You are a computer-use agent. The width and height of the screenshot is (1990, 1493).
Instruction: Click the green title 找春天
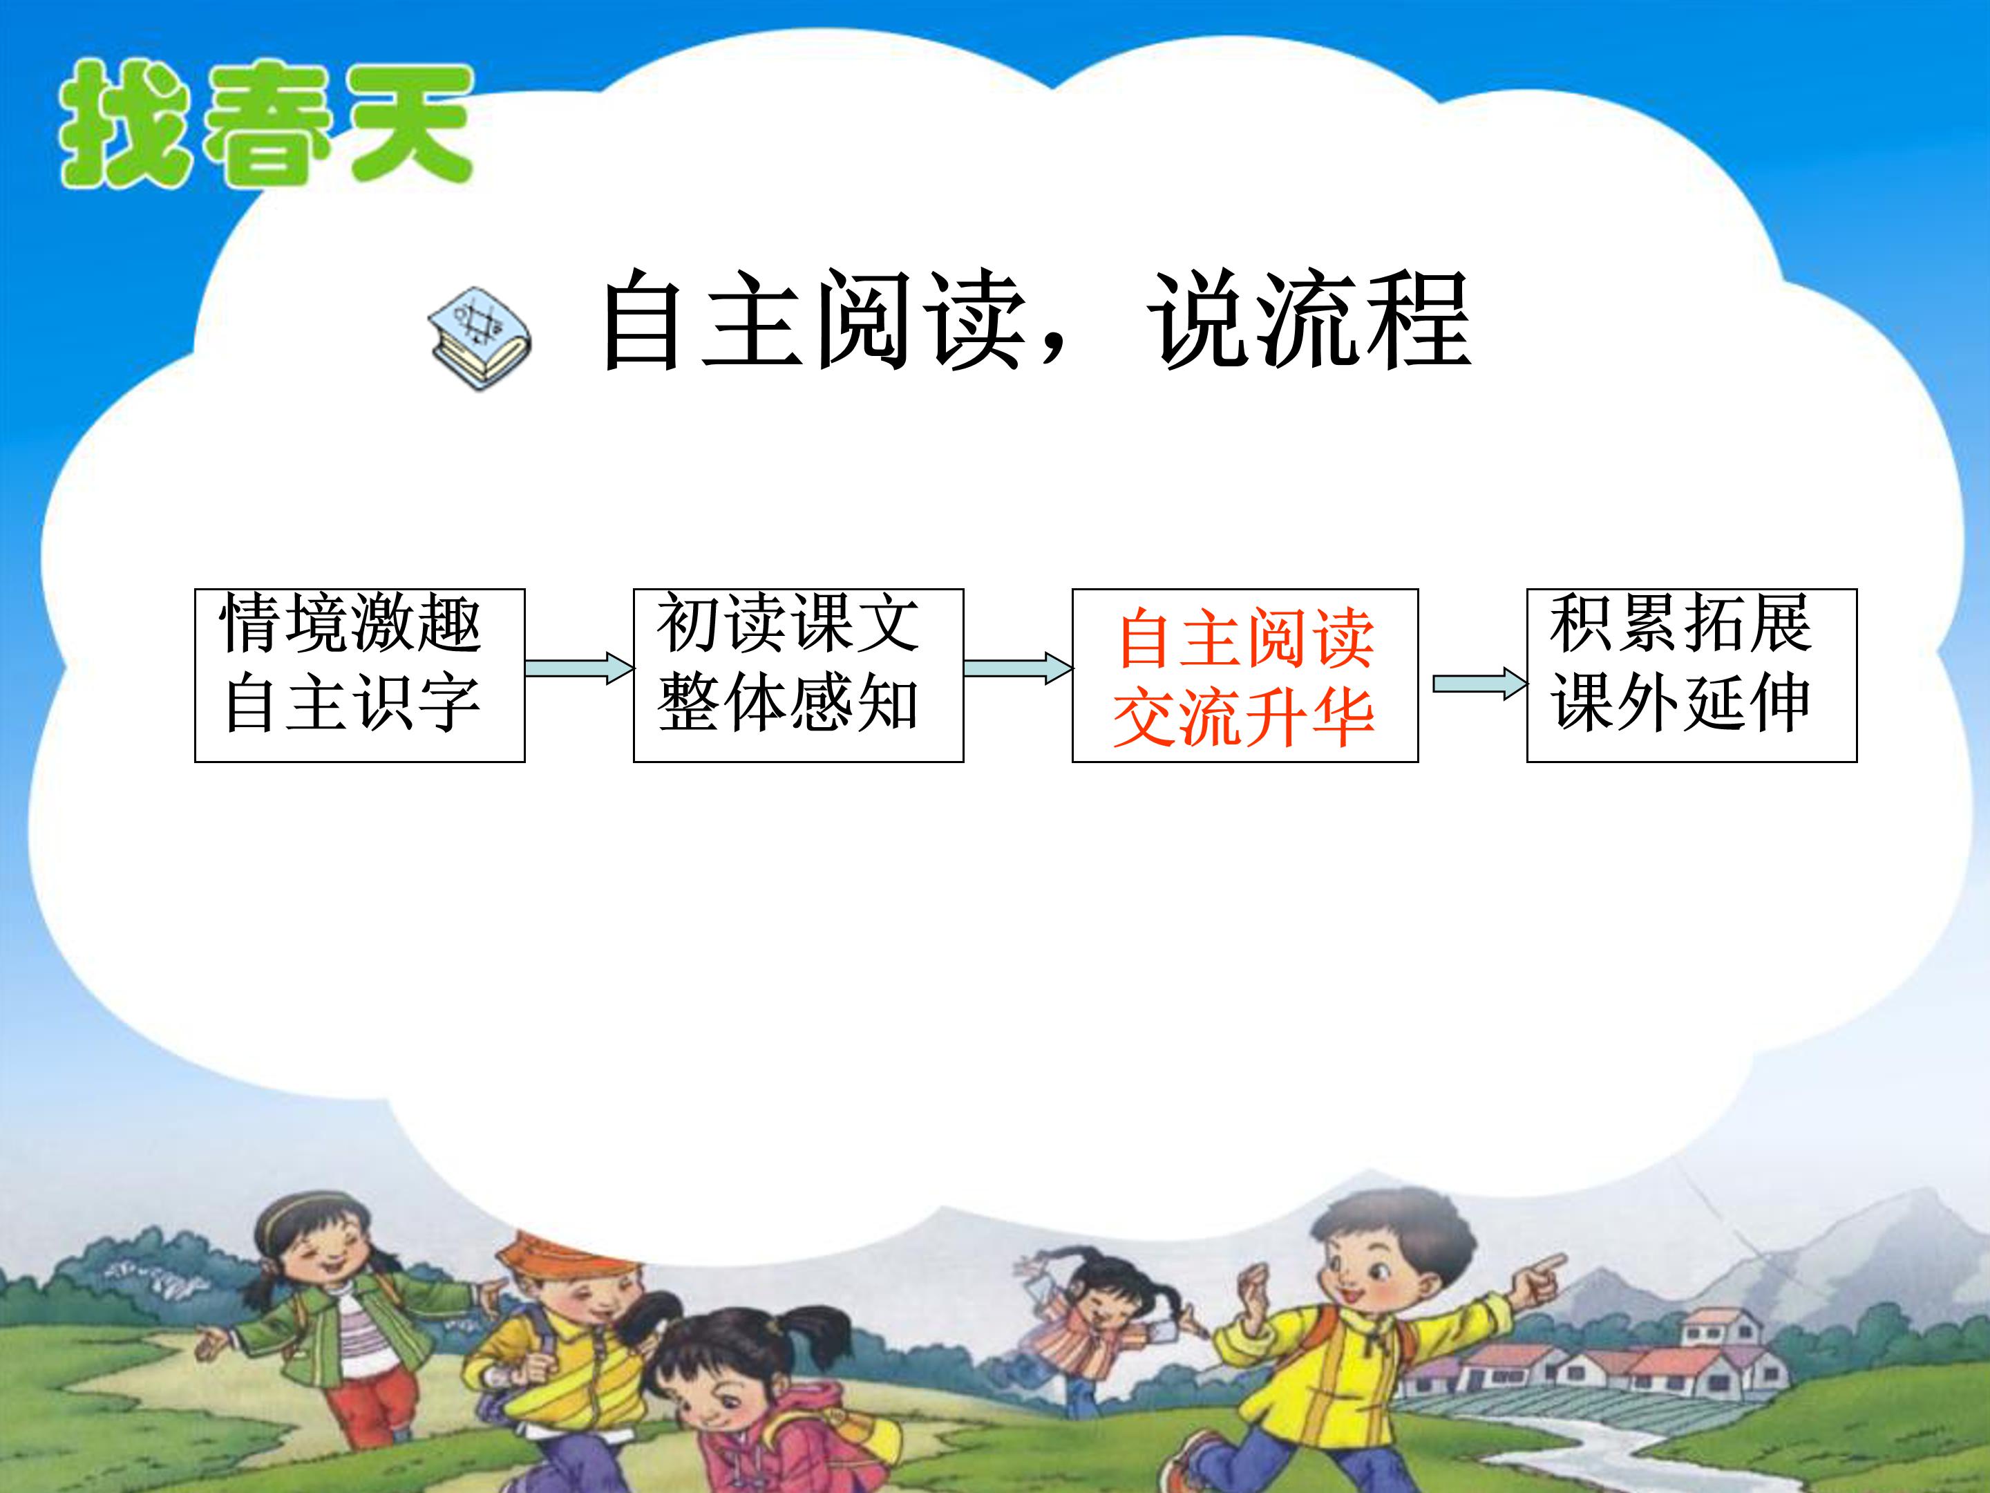[265, 126]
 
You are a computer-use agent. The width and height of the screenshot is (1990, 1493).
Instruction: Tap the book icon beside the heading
[480, 339]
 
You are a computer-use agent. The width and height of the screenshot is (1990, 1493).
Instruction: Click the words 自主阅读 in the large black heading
[814, 321]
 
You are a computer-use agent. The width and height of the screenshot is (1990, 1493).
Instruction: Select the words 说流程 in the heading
[1309, 321]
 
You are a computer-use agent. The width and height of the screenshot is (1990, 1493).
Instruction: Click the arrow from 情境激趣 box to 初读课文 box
[578, 668]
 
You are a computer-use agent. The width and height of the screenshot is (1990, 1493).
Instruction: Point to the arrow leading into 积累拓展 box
[1479, 684]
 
